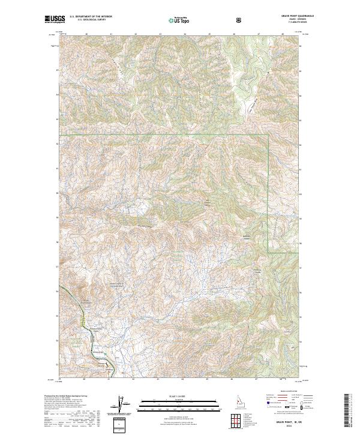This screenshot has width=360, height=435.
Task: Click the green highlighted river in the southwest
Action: click(x=76, y=306)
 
